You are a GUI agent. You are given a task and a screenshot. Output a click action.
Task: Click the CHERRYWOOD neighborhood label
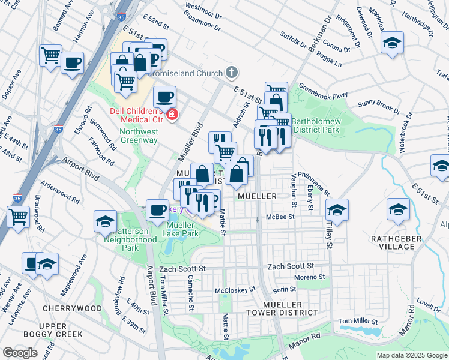pos(72,308)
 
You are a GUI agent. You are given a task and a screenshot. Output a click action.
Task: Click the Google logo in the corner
pos(20,353)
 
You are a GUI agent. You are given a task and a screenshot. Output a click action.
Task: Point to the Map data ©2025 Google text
pos(411,355)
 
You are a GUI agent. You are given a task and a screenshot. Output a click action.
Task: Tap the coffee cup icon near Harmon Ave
pos(72,62)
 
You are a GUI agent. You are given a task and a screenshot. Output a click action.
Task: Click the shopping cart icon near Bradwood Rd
pos(18,215)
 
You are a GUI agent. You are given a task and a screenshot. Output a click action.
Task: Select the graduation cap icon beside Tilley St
pos(337,210)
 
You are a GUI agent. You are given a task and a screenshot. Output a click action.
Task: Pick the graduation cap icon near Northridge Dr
pos(392,43)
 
